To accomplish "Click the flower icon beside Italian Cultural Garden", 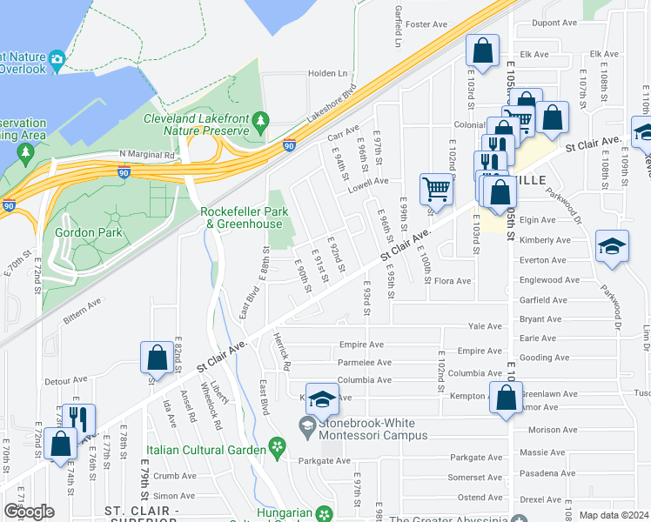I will click(278, 448).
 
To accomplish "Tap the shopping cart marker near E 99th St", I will click(435, 188).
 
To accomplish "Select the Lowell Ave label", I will click(368, 182).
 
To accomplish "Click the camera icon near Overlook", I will click(57, 60).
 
